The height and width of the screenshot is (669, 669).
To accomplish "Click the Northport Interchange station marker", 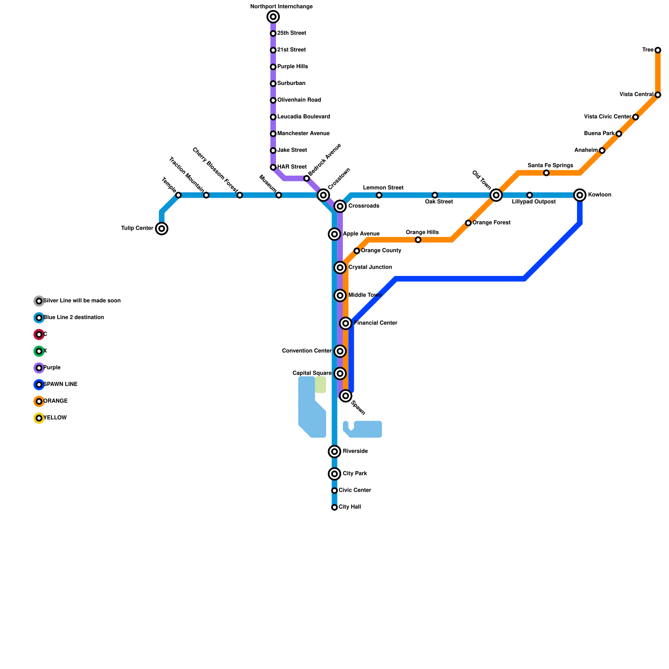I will [273, 17].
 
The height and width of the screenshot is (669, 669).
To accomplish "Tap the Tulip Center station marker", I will [162, 228].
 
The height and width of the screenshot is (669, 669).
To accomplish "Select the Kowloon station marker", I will [580, 195].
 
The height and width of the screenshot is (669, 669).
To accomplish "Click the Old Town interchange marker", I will [496, 195].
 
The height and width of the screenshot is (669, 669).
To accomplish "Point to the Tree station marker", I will [658, 50].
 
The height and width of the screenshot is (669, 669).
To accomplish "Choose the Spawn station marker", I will [345, 396].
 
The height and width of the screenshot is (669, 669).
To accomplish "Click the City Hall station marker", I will [334, 507].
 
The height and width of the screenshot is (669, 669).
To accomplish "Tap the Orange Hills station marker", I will [418, 240].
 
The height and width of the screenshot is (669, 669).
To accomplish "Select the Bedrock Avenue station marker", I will [306, 179].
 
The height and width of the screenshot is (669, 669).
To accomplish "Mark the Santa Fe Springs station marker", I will [546, 173].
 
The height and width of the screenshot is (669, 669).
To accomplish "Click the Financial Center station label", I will [375, 323].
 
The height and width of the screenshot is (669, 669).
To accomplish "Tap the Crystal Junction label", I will [370, 267].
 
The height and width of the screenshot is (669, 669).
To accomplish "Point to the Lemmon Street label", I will [383, 188].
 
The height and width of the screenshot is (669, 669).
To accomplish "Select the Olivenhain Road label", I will [299, 100].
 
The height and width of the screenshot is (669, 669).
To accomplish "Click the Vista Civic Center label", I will [607, 117].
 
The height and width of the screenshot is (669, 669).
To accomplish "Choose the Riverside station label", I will [355, 451].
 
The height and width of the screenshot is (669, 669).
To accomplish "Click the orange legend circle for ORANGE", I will [39, 401].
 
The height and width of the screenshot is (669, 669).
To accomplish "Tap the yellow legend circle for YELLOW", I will [39, 418].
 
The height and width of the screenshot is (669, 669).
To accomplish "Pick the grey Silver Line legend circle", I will [39, 301].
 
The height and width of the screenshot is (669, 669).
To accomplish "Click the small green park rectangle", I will [321, 385].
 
